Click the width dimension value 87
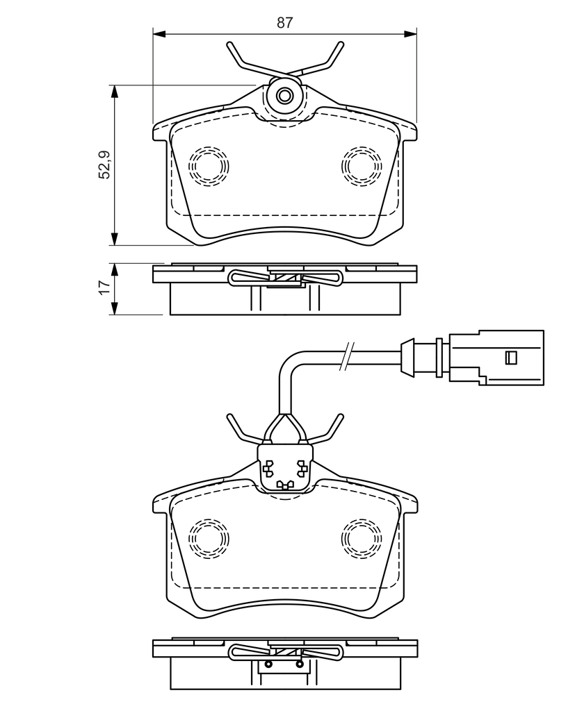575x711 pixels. [285, 23]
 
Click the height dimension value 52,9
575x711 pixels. [105, 165]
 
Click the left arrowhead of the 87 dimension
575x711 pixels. [159, 33]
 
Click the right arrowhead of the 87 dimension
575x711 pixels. [411, 33]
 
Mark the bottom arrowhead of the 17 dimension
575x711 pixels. [115, 308]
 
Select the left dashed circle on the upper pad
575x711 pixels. [209, 166]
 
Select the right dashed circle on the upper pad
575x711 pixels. [362, 166]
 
